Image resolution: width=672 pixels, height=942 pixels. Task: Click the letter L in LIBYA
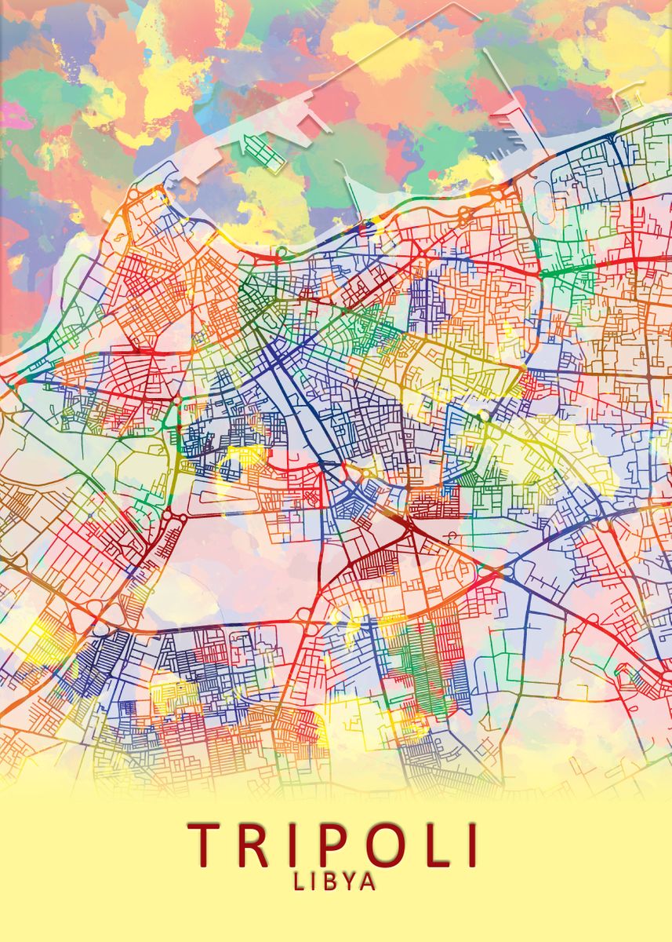point(299,882)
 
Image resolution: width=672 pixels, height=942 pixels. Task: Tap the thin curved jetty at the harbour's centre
point(349,188)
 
